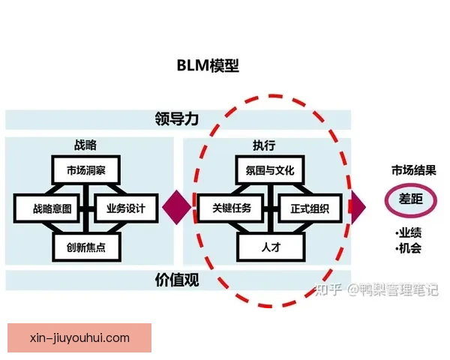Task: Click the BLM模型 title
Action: tap(208, 65)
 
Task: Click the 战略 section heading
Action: tap(85, 145)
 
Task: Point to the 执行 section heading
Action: tap(264, 145)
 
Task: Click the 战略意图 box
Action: tap(46, 208)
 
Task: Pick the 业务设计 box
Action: tap(125, 208)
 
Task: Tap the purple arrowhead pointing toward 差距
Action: tap(357, 205)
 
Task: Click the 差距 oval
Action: tap(409, 199)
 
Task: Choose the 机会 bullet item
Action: tap(409, 248)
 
